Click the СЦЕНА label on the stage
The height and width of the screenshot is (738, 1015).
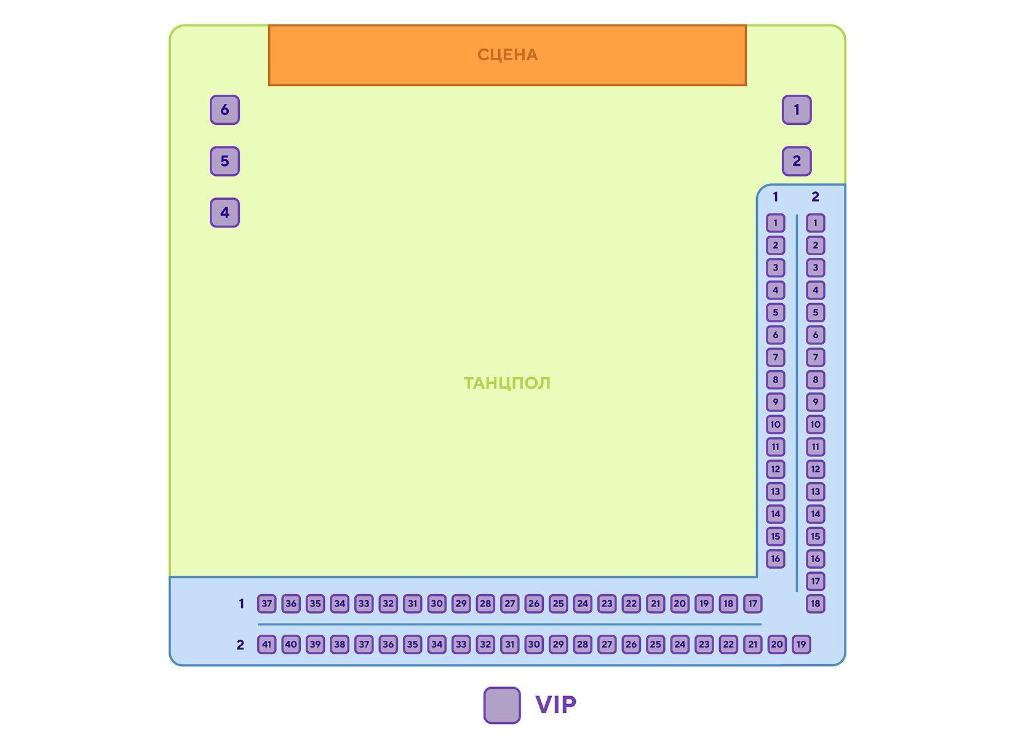pos(507,55)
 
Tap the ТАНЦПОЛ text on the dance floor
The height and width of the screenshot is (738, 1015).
pos(507,383)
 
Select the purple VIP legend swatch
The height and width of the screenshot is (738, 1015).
pos(501,705)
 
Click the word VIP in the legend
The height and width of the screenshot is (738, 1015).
pos(555,704)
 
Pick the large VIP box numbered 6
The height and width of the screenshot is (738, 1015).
pos(225,109)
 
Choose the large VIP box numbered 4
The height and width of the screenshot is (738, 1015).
pos(225,212)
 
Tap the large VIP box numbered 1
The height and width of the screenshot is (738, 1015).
pos(797,109)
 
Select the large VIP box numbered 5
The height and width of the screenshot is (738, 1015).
pos(225,161)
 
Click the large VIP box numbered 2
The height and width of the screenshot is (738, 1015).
pos(797,161)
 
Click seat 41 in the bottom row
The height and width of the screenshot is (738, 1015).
pos(267,645)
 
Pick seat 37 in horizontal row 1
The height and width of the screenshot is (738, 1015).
pos(267,603)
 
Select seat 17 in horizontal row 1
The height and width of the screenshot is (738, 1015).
pos(753,603)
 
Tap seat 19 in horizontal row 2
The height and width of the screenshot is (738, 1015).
pos(801,645)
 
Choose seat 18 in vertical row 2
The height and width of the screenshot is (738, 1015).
pos(815,603)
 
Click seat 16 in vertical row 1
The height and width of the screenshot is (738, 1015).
pos(775,558)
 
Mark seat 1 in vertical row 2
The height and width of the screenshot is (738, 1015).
pos(815,223)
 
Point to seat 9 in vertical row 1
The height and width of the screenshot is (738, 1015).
pos(775,402)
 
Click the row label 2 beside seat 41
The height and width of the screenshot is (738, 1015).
pos(240,645)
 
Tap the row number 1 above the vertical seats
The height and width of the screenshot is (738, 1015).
pos(775,197)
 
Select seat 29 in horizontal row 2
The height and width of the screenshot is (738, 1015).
pos(559,645)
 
